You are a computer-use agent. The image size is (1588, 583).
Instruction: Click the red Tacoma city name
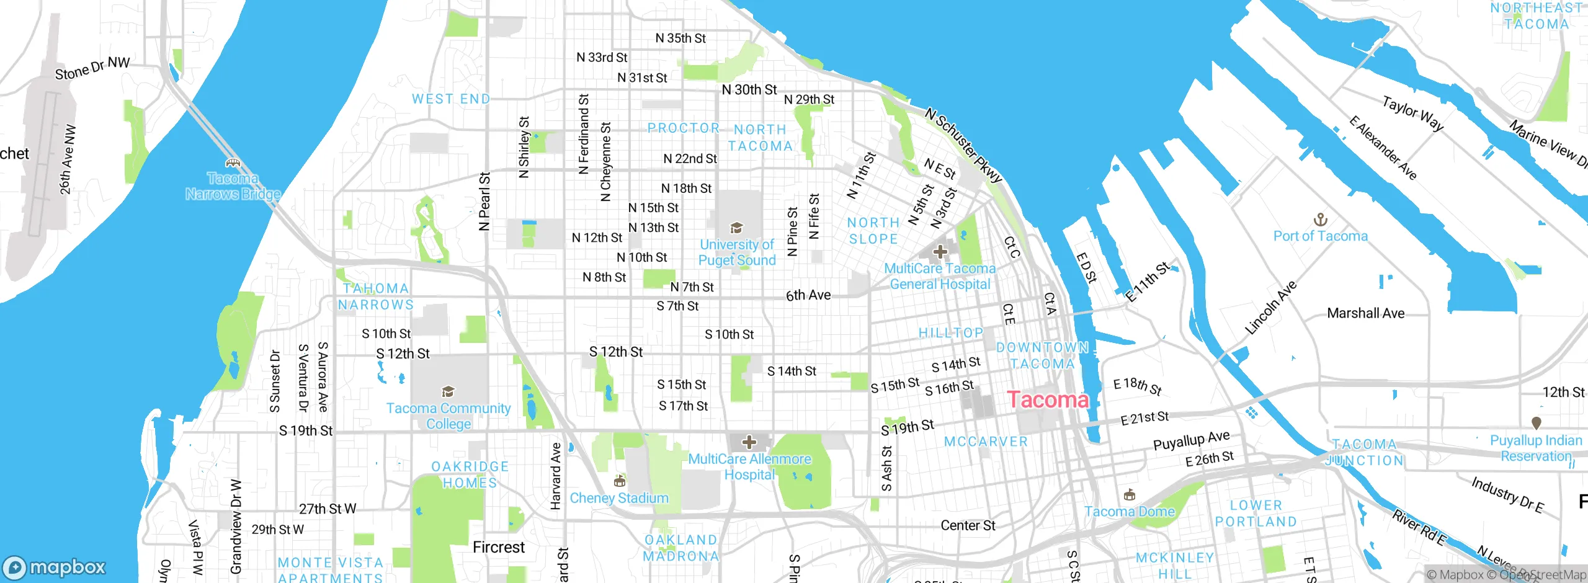(x=1048, y=400)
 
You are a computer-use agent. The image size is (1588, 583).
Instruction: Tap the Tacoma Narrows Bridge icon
(x=233, y=164)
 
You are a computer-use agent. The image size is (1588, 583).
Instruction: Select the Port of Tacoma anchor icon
(x=1321, y=220)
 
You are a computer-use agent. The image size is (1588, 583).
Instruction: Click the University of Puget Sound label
(x=737, y=253)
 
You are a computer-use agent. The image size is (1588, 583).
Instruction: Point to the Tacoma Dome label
(x=1130, y=512)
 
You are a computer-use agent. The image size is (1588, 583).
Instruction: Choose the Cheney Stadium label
(x=619, y=498)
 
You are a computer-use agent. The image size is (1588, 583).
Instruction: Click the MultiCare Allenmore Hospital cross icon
(x=749, y=442)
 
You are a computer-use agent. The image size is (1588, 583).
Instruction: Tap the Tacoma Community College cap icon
(x=448, y=392)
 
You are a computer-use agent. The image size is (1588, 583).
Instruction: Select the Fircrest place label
(x=499, y=547)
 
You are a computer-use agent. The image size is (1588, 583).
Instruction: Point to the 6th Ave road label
(x=808, y=295)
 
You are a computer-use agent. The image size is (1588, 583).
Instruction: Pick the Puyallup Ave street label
(x=1191, y=440)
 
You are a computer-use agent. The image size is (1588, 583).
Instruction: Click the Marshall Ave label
(x=1365, y=313)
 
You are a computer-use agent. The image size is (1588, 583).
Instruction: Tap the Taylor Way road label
(x=1412, y=113)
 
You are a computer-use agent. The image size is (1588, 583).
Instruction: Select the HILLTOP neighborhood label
(x=951, y=333)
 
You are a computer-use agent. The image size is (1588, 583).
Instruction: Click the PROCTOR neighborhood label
(x=683, y=128)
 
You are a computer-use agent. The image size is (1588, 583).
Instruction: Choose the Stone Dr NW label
(x=92, y=68)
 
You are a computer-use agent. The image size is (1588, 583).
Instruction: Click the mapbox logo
(x=55, y=567)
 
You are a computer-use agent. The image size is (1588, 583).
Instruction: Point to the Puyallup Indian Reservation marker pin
(x=1537, y=423)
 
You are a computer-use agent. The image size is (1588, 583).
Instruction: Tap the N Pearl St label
(x=484, y=202)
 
